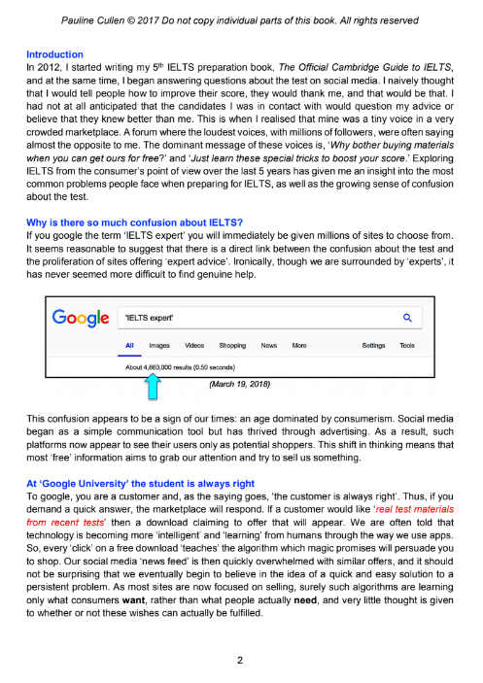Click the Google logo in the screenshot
pos(79,318)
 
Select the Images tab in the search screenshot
pos(158,345)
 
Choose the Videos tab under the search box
pos(194,345)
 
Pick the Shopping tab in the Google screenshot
pos(232,345)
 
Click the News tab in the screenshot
pos(269,345)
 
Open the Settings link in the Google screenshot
pos(373,345)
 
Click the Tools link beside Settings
pos(407,345)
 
